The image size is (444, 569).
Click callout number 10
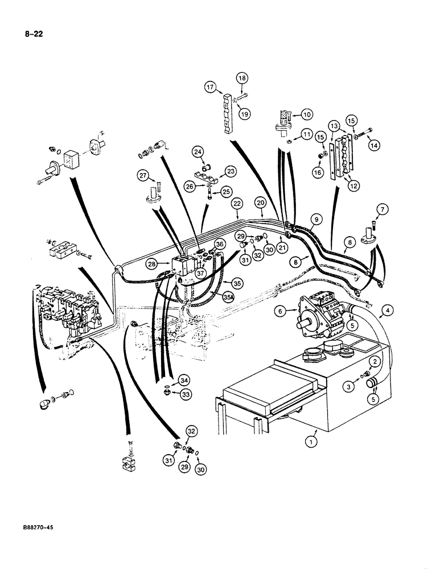(x=307, y=114)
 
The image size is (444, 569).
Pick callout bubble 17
(x=211, y=86)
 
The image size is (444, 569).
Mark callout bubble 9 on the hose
(x=316, y=218)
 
